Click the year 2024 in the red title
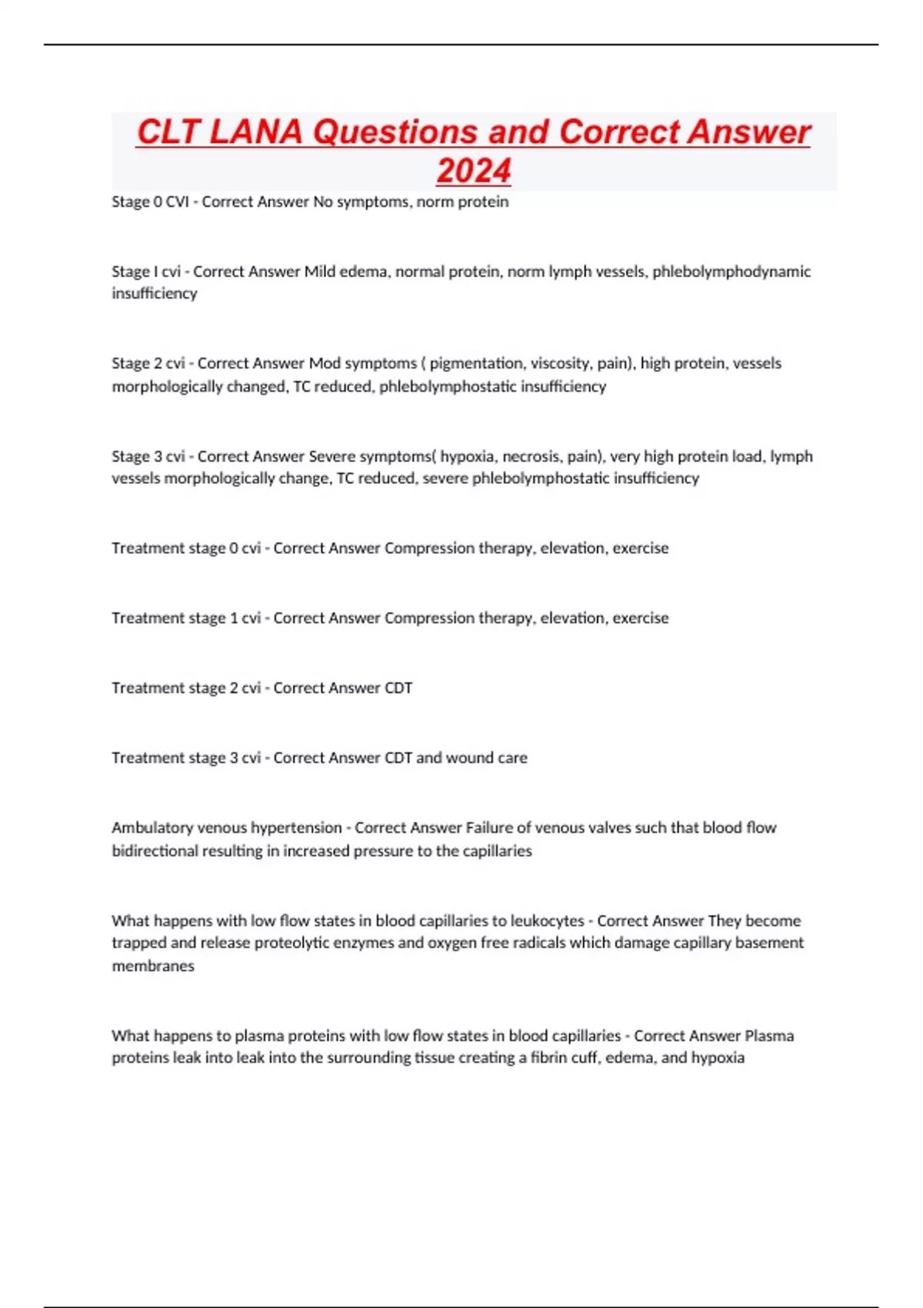tap(474, 171)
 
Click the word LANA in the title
tap(255, 132)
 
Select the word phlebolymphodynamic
tap(731, 272)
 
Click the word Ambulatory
tap(150, 828)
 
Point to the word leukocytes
tap(548, 921)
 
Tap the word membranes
tap(153, 966)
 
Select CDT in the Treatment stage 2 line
tap(398, 688)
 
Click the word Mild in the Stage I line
tap(320, 272)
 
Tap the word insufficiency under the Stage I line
tap(155, 294)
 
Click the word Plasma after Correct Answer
tap(769, 1036)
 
